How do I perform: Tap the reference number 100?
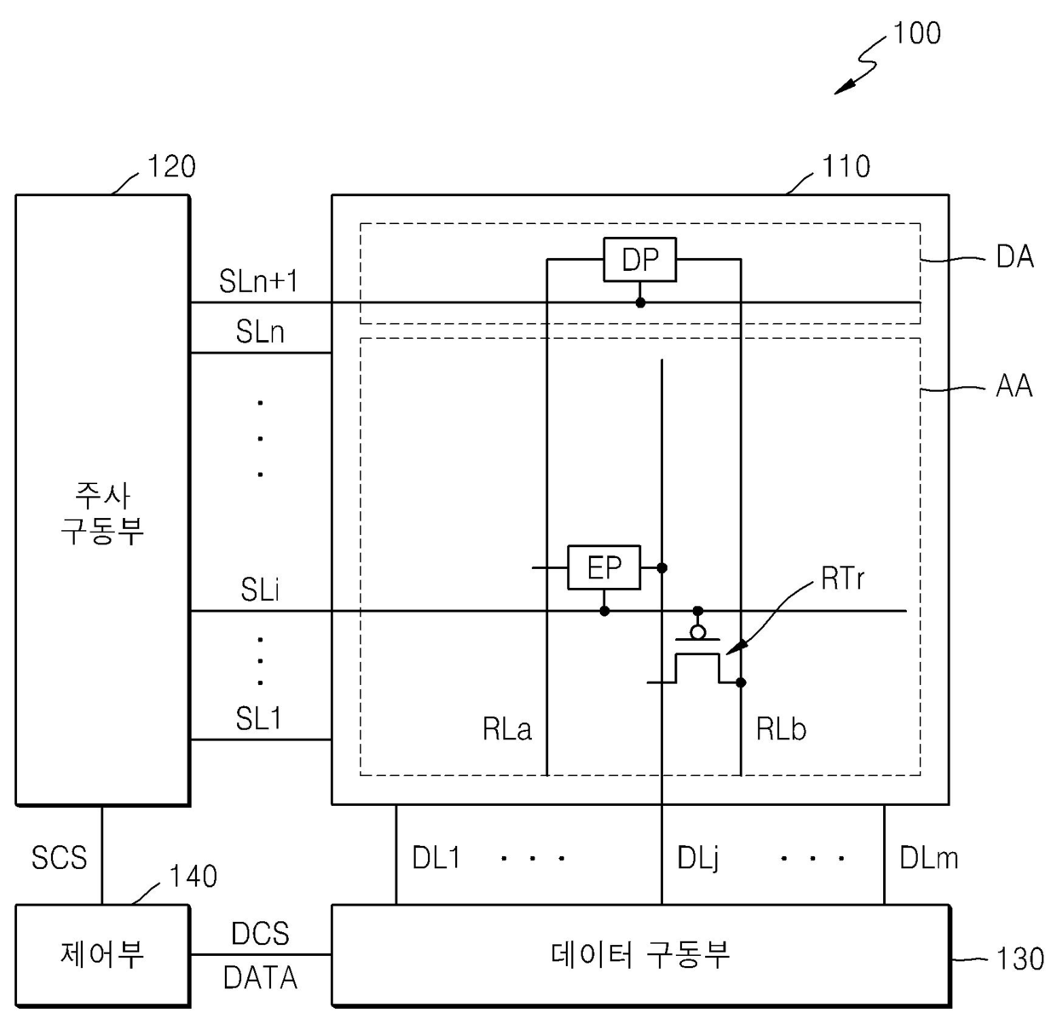click(x=916, y=33)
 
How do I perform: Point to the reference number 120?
click(x=171, y=167)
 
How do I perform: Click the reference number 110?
click(x=846, y=167)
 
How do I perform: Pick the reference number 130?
click(x=1019, y=960)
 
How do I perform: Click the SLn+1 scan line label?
click(x=258, y=281)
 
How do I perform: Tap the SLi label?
click(x=260, y=590)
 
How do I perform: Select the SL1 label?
click(x=259, y=718)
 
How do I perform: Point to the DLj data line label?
click(x=698, y=858)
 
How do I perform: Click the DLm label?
click(x=928, y=858)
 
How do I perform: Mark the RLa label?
click(x=507, y=729)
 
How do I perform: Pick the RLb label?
click(x=781, y=729)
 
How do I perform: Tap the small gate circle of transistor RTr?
click(x=698, y=633)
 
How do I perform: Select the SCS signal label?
click(x=59, y=858)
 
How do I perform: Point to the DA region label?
click(x=1014, y=256)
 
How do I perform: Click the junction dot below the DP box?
click(x=640, y=302)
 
